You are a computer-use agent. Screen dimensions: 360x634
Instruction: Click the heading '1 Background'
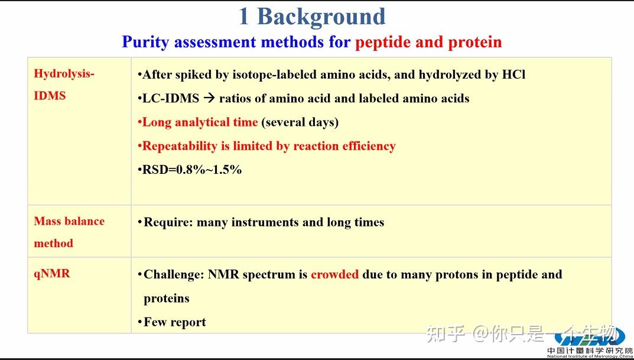(311, 17)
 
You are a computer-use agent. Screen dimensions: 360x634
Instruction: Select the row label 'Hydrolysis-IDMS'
(64, 85)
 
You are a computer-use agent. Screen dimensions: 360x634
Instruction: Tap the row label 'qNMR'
(52, 273)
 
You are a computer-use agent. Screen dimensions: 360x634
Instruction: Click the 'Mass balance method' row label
(69, 232)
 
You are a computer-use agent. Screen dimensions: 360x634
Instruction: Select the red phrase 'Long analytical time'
(200, 122)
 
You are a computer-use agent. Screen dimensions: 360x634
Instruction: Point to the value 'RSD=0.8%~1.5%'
(192, 170)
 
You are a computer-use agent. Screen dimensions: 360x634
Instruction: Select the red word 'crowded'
(334, 274)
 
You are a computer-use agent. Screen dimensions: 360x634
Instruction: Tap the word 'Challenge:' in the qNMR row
(174, 274)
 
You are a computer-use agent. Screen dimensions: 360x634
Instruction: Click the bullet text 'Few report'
(174, 322)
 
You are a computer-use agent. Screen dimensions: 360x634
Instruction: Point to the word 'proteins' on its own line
(166, 298)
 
